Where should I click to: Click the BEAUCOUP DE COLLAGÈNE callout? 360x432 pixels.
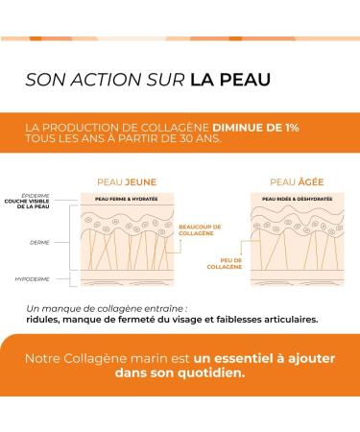pos(197,228)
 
